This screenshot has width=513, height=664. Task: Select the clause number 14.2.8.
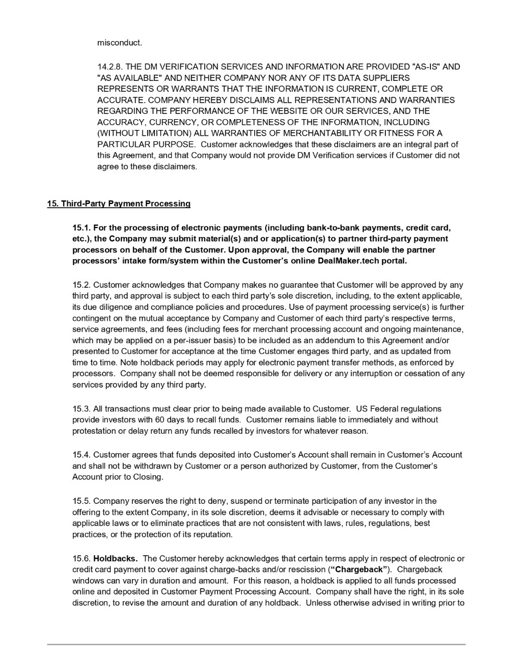tap(110, 67)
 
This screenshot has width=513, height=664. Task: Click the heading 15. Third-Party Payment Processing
tap(119, 203)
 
